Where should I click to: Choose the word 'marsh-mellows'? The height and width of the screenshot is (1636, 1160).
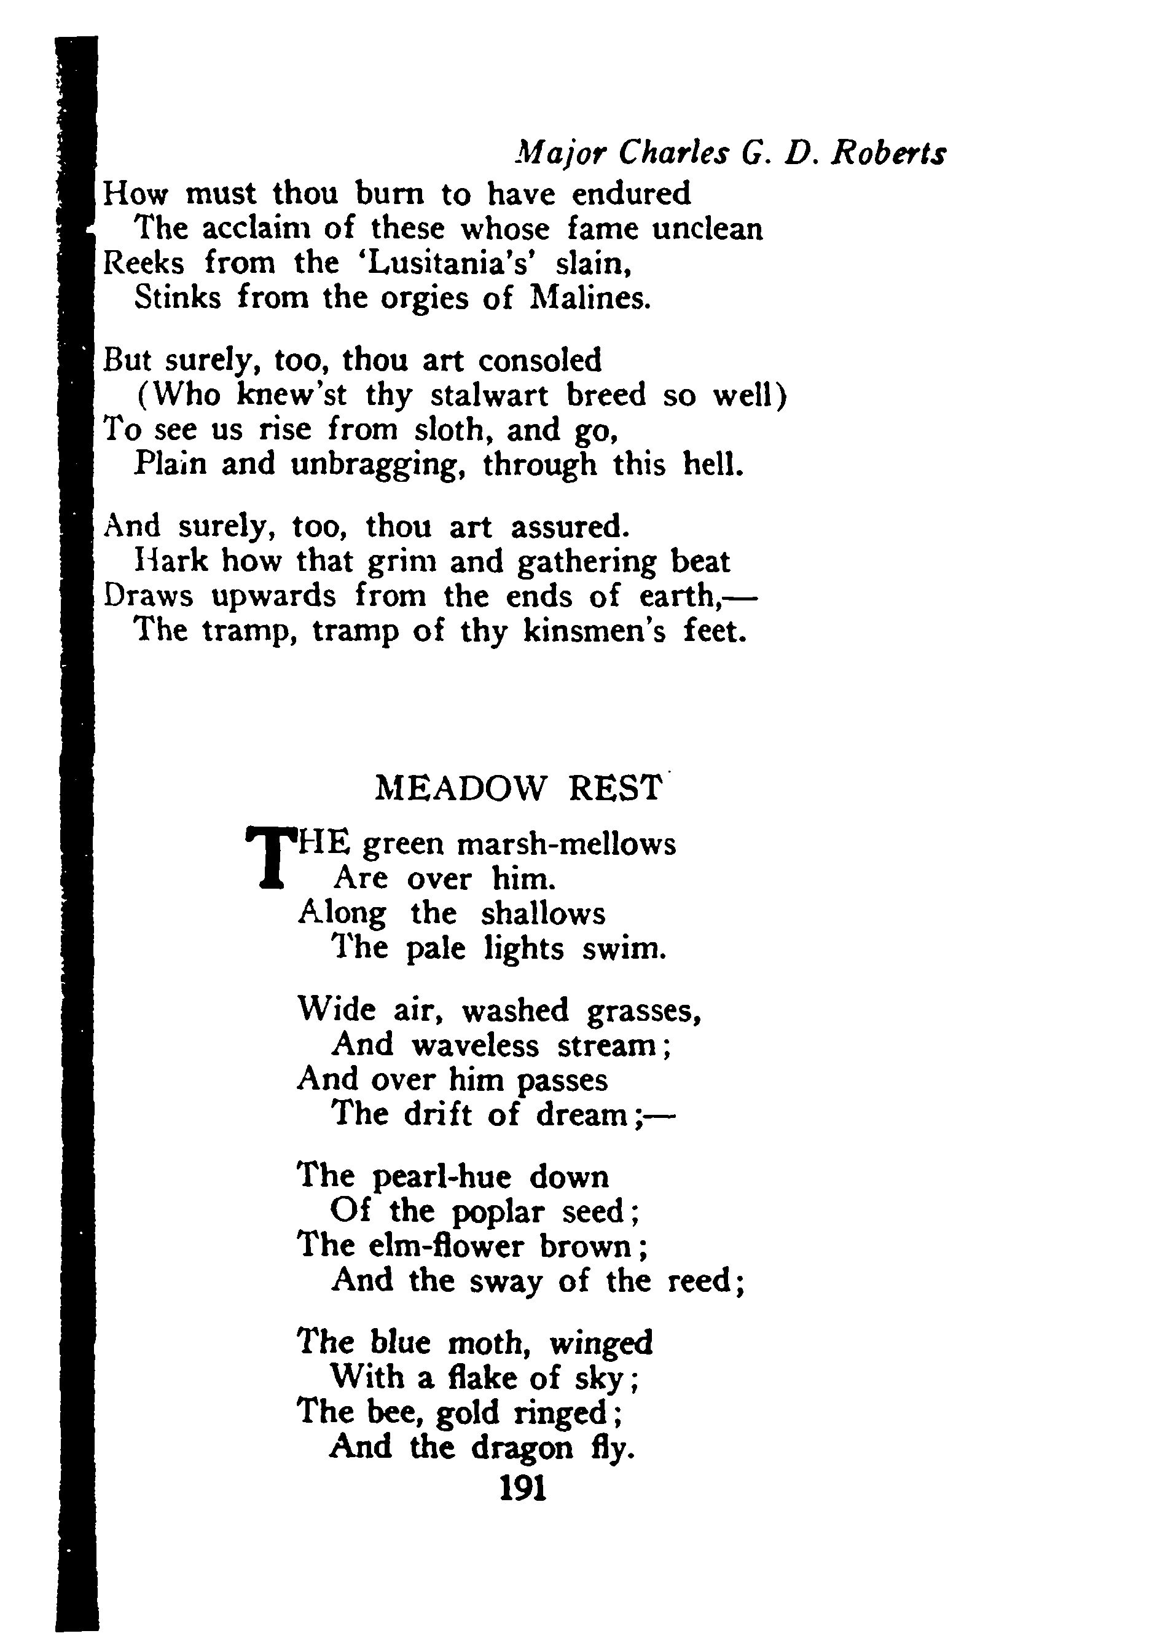(x=565, y=844)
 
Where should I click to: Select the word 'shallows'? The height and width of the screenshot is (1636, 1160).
(x=543, y=914)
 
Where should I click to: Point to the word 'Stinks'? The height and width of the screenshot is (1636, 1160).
(x=178, y=298)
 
